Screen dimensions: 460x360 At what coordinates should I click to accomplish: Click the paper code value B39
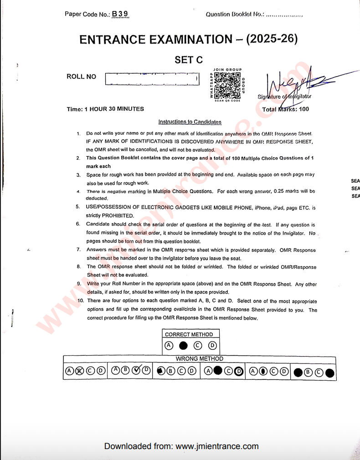click(x=120, y=14)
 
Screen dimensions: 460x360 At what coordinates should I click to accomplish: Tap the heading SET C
click(x=189, y=60)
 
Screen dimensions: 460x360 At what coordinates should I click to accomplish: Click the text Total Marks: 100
click(x=286, y=109)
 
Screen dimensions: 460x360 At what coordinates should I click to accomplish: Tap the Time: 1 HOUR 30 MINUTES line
click(x=105, y=109)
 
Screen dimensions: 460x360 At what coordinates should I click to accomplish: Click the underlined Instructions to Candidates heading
click(x=190, y=122)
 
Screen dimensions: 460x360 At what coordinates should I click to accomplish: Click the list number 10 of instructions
click(x=80, y=301)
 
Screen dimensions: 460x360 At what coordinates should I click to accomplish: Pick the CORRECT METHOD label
click(x=189, y=334)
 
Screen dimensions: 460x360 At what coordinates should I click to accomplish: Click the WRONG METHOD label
click(x=200, y=359)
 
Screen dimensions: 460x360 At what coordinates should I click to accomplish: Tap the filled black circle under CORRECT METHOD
click(x=183, y=346)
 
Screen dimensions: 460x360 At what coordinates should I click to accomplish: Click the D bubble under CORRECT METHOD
click(x=212, y=346)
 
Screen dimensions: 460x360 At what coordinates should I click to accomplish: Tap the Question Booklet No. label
click(x=234, y=14)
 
